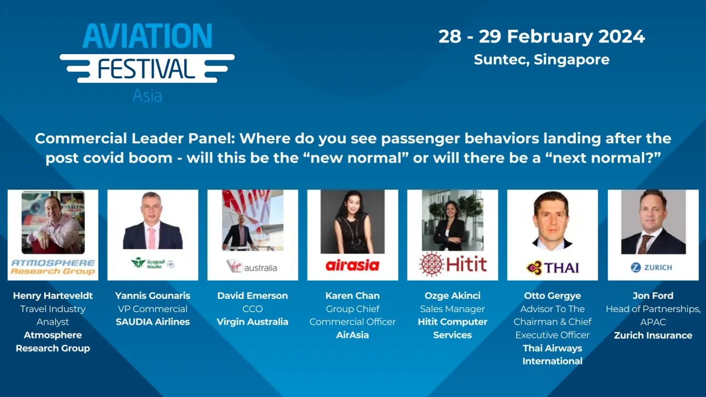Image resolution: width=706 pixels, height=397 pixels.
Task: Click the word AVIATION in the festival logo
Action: (x=147, y=36)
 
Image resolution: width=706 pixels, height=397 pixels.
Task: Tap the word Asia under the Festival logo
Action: (x=147, y=96)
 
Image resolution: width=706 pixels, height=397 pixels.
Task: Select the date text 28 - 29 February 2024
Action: (x=542, y=36)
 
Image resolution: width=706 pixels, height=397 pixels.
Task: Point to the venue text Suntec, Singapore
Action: (x=542, y=60)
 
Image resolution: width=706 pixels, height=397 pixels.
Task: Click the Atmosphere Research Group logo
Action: (x=53, y=267)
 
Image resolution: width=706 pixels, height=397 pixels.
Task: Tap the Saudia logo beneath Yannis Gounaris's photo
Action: (x=152, y=264)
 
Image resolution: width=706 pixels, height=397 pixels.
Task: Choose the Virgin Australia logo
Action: (x=252, y=267)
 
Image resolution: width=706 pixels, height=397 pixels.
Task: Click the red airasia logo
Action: (x=352, y=266)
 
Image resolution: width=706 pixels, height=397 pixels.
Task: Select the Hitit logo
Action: (x=453, y=264)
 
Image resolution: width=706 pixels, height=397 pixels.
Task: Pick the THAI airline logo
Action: (x=553, y=267)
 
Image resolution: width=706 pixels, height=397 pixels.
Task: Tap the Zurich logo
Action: (x=652, y=267)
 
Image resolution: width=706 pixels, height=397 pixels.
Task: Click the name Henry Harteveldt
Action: (x=53, y=296)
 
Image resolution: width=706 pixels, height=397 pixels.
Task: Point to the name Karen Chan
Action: (x=352, y=296)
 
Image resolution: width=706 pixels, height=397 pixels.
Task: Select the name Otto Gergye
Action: (x=553, y=296)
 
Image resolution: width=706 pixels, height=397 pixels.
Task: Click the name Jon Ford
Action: (x=653, y=296)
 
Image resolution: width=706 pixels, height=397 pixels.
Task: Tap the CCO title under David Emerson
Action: (x=252, y=309)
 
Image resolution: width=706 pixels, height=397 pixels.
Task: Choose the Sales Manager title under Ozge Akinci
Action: (x=453, y=309)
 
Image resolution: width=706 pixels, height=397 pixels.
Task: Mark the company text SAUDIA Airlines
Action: (x=152, y=322)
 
